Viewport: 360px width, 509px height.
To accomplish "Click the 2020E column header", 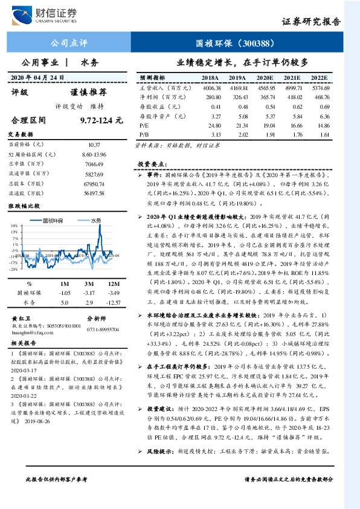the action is (265, 79).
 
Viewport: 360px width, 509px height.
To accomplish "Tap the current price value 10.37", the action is (94, 145).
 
